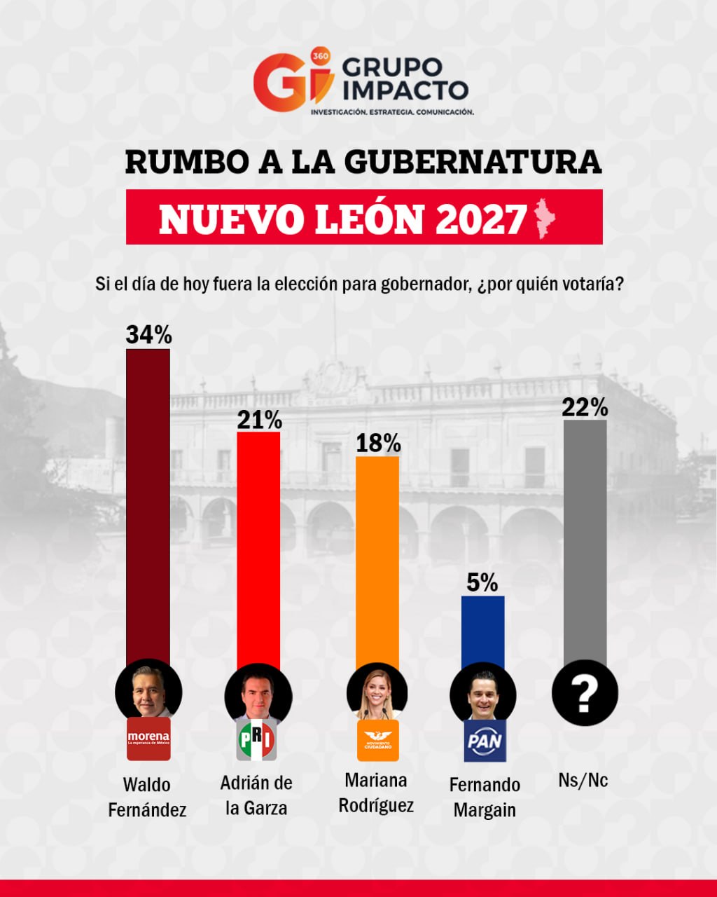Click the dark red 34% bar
148,505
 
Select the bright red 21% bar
259,547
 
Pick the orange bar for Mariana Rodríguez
377,561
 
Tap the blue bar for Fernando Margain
483,631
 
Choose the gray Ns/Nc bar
585,540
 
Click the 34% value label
148,336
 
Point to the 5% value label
482,582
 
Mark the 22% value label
585,407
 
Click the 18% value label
378,444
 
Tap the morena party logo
148,739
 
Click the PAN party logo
485,741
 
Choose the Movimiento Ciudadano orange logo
377,740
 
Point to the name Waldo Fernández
148,797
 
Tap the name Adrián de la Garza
256,795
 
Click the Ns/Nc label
583,780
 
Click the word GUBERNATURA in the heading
473,162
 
